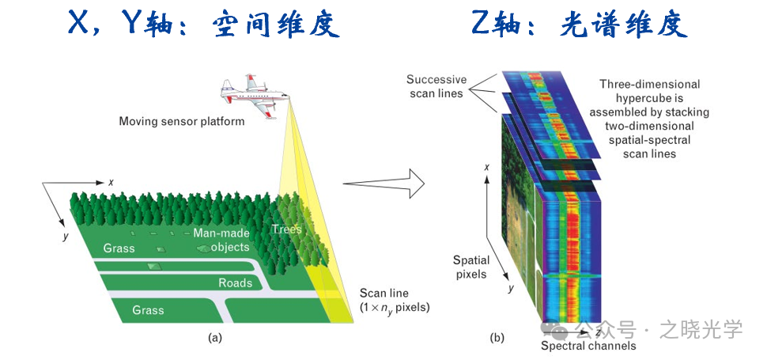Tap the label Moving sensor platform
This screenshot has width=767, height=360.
(181, 122)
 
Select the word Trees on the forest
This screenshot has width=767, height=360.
(286, 229)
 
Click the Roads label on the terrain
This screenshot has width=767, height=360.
(235, 282)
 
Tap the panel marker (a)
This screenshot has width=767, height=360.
(214, 337)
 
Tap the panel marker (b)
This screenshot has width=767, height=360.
(496, 338)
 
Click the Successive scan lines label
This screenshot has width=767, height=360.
(436, 86)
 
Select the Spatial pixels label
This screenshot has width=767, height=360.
(471, 267)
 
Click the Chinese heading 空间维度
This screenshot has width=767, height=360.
(276, 25)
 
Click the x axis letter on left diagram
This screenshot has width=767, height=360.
(111, 183)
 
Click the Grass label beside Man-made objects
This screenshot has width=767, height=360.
(119, 248)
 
